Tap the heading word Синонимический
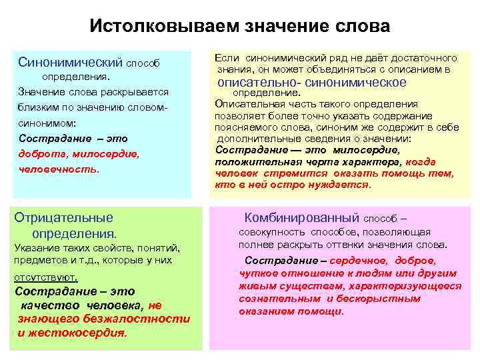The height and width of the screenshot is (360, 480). click(x=71, y=63)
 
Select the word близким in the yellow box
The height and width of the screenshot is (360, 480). click(x=39, y=107)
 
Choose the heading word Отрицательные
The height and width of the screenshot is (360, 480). click(x=64, y=217)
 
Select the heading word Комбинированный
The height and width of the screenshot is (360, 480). click(x=301, y=217)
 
